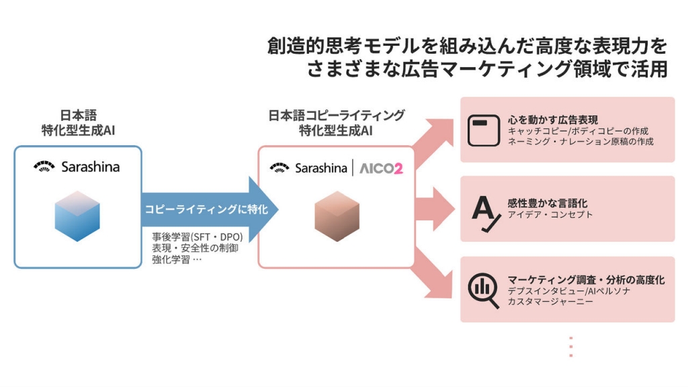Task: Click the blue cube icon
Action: tap(77, 216)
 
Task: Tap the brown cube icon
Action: tap(337, 216)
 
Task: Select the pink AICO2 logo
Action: tap(380, 169)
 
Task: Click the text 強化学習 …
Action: tap(177, 259)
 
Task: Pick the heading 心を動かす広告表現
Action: tap(552, 120)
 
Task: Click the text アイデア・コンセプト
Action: tap(550, 215)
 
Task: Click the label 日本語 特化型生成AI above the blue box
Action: tap(78, 122)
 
